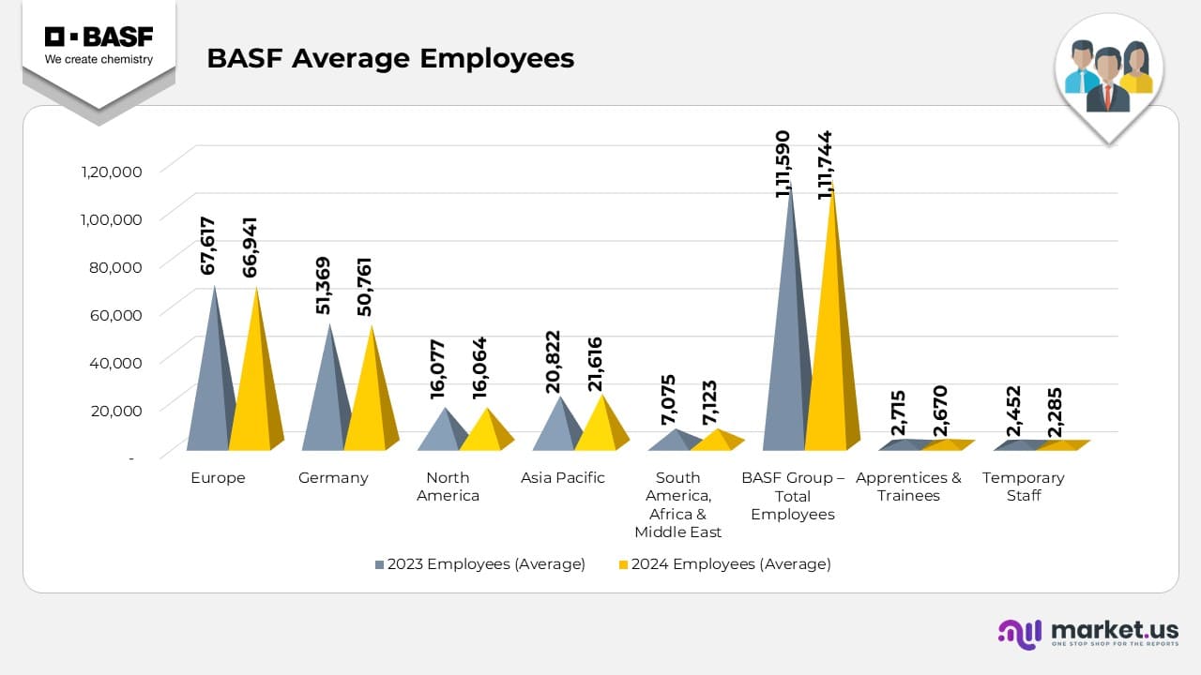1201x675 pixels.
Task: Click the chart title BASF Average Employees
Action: coord(390,58)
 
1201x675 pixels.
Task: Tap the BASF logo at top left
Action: coord(99,46)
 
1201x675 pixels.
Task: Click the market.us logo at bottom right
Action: coord(1088,633)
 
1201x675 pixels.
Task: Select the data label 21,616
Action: coord(594,364)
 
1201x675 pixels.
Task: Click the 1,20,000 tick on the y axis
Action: coord(111,172)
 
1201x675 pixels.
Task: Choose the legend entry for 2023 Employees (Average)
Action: coord(479,564)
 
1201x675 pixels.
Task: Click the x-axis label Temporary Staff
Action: coord(1023,487)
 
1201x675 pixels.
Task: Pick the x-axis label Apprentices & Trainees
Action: coord(908,487)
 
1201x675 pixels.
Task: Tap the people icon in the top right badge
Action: coord(1109,75)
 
